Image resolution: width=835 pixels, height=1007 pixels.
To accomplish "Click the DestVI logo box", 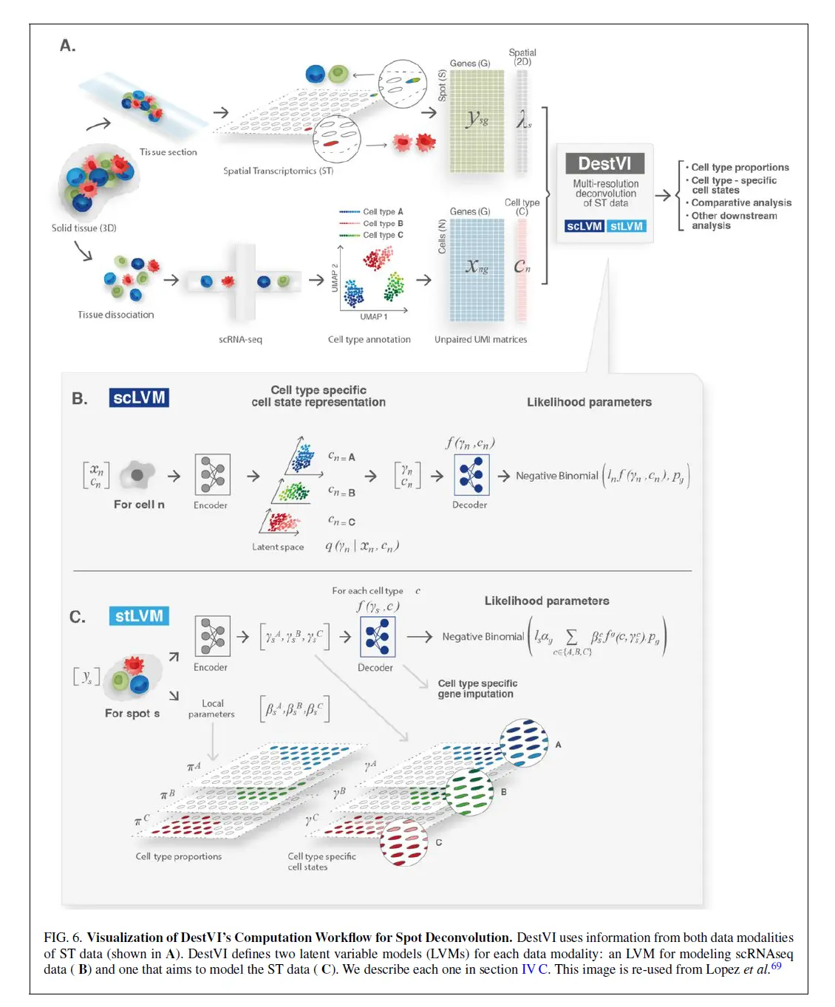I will [x=604, y=163].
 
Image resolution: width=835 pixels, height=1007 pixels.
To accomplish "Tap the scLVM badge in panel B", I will [x=139, y=397].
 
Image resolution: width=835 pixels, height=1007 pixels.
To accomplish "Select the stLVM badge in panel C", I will [x=139, y=615].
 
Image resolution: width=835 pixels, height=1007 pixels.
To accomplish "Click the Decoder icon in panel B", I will [x=471, y=474].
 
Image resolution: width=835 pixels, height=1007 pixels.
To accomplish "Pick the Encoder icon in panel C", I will [x=212, y=636].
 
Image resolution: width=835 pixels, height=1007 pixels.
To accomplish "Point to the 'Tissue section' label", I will [x=168, y=152].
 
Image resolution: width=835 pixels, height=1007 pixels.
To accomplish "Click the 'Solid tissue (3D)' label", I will [x=83, y=228].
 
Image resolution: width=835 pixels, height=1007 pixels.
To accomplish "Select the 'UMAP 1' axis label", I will [x=373, y=317].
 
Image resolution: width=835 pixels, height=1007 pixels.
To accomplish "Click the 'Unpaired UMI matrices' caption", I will [x=480, y=340].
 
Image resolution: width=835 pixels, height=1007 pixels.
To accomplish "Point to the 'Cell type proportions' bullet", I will [x=740, y=168].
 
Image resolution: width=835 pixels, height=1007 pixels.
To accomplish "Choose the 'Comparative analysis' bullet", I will [x=741, y=202].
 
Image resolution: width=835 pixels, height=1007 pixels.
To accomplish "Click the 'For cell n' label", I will [x=139, y=505].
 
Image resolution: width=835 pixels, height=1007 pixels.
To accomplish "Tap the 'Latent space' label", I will [x=278, y=547].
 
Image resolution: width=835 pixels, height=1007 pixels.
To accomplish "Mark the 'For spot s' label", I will [x=132, y=713].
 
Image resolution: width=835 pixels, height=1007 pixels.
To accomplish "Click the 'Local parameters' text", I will [x=212, y=709].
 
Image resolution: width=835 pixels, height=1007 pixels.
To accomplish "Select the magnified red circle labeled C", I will [x=404, y=842].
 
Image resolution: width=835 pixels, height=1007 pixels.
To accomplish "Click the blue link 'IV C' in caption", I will [x=534, y=969].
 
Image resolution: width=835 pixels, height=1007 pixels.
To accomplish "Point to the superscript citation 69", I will [x=776, y=966].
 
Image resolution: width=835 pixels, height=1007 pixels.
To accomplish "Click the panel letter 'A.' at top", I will [x=68, y=46].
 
